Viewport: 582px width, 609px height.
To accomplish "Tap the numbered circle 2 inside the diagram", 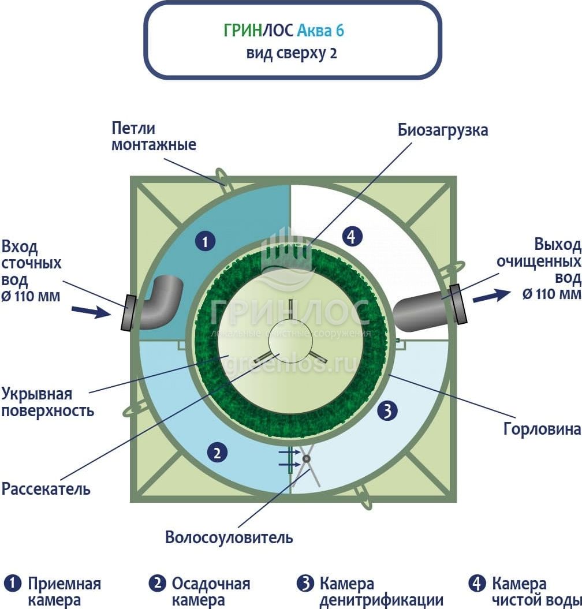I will pos(217,453).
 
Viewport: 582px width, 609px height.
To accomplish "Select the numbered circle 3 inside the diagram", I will pos(388,411).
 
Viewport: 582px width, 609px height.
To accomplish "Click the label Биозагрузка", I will pos(443,130).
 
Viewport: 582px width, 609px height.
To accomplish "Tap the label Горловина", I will pos(542,429).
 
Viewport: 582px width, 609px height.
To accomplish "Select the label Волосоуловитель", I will pos(229,537).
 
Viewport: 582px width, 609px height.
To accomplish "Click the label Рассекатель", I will pos(46,489).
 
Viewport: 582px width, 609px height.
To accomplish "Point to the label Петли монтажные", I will pos(154,136).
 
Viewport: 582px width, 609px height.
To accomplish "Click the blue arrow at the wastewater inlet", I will pos(91,312).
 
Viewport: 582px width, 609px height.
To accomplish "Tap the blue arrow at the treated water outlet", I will pos(491,296).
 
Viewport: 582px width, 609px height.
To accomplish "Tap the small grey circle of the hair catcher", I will pos(305,459).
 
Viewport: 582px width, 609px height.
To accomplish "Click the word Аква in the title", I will pos(318,30).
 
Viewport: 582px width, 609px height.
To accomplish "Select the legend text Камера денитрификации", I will pos(381,592).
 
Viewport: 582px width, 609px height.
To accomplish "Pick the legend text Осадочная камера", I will pos(211,592).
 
